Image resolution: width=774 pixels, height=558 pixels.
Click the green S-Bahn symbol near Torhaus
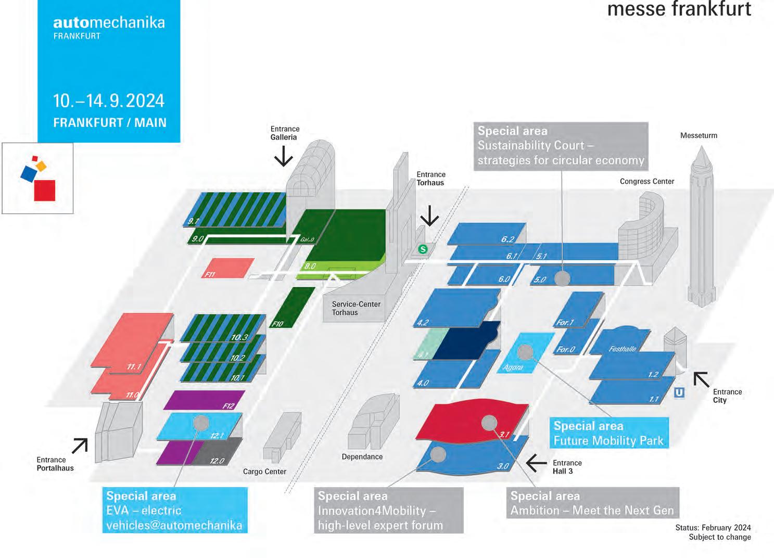point(423,249)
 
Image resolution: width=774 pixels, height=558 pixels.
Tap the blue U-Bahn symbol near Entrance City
point(679,392)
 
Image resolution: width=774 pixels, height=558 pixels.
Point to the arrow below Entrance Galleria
point(284,156)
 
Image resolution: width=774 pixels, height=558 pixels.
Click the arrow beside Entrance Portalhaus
point(80,446)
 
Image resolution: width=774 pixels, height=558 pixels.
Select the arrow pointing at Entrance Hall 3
point(536,462)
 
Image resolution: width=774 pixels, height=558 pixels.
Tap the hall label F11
point(210,274)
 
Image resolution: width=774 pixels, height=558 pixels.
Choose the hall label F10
point(278,324)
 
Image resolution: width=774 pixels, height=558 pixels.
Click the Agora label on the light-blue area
point(513,367)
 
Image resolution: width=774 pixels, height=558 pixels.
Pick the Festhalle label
point(623,349)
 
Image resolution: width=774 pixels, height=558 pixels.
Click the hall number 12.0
point(217,461)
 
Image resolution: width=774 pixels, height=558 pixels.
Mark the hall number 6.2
point(507,239)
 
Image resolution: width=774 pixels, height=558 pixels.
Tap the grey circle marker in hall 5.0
point(562,278)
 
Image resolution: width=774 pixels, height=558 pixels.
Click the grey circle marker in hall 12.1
point(201,423)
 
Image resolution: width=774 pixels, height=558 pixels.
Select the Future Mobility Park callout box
point(608,433)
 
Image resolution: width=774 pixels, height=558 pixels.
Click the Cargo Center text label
point(264,472)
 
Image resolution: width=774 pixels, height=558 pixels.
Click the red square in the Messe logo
point(45,190)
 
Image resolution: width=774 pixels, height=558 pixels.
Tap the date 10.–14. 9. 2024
point(109,100)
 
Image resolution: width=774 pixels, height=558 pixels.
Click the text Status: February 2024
point(713,527)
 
